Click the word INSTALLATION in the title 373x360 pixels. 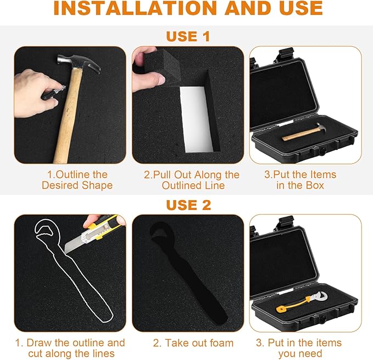[135, 8]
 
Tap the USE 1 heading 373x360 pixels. [188, 36]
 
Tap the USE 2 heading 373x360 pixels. [188, 205]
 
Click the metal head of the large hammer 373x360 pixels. [79, 63]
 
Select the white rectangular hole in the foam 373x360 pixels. [196, 119]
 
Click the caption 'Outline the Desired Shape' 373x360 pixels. [77, 180]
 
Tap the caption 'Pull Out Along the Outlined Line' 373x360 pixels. [192, 180]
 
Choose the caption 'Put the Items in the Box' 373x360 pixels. [300, 180]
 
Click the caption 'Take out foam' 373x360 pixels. [193, 343]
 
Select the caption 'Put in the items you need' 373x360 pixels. [299, 348]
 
